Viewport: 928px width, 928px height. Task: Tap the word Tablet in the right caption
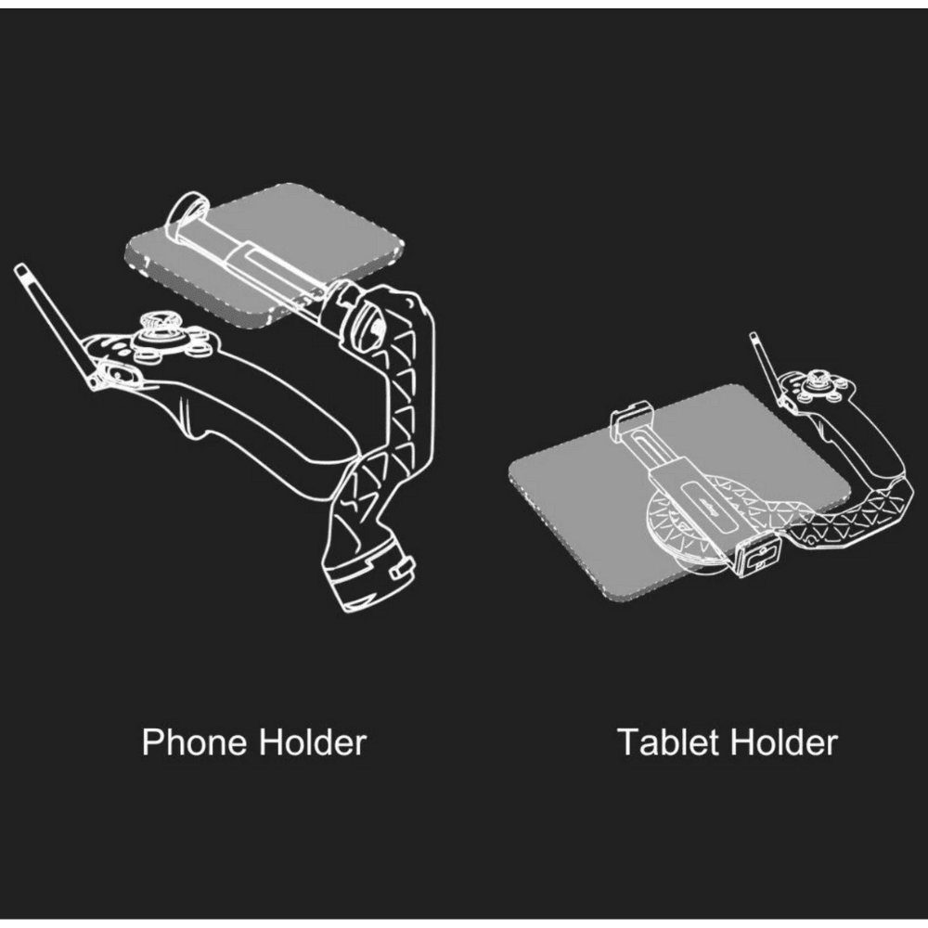(x=668, y=742)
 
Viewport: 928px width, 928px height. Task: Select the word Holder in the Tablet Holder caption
(x=784, y=742)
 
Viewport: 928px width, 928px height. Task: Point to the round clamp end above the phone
(x=186, y=215)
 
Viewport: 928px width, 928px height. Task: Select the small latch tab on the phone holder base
(x=403, y=570)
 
